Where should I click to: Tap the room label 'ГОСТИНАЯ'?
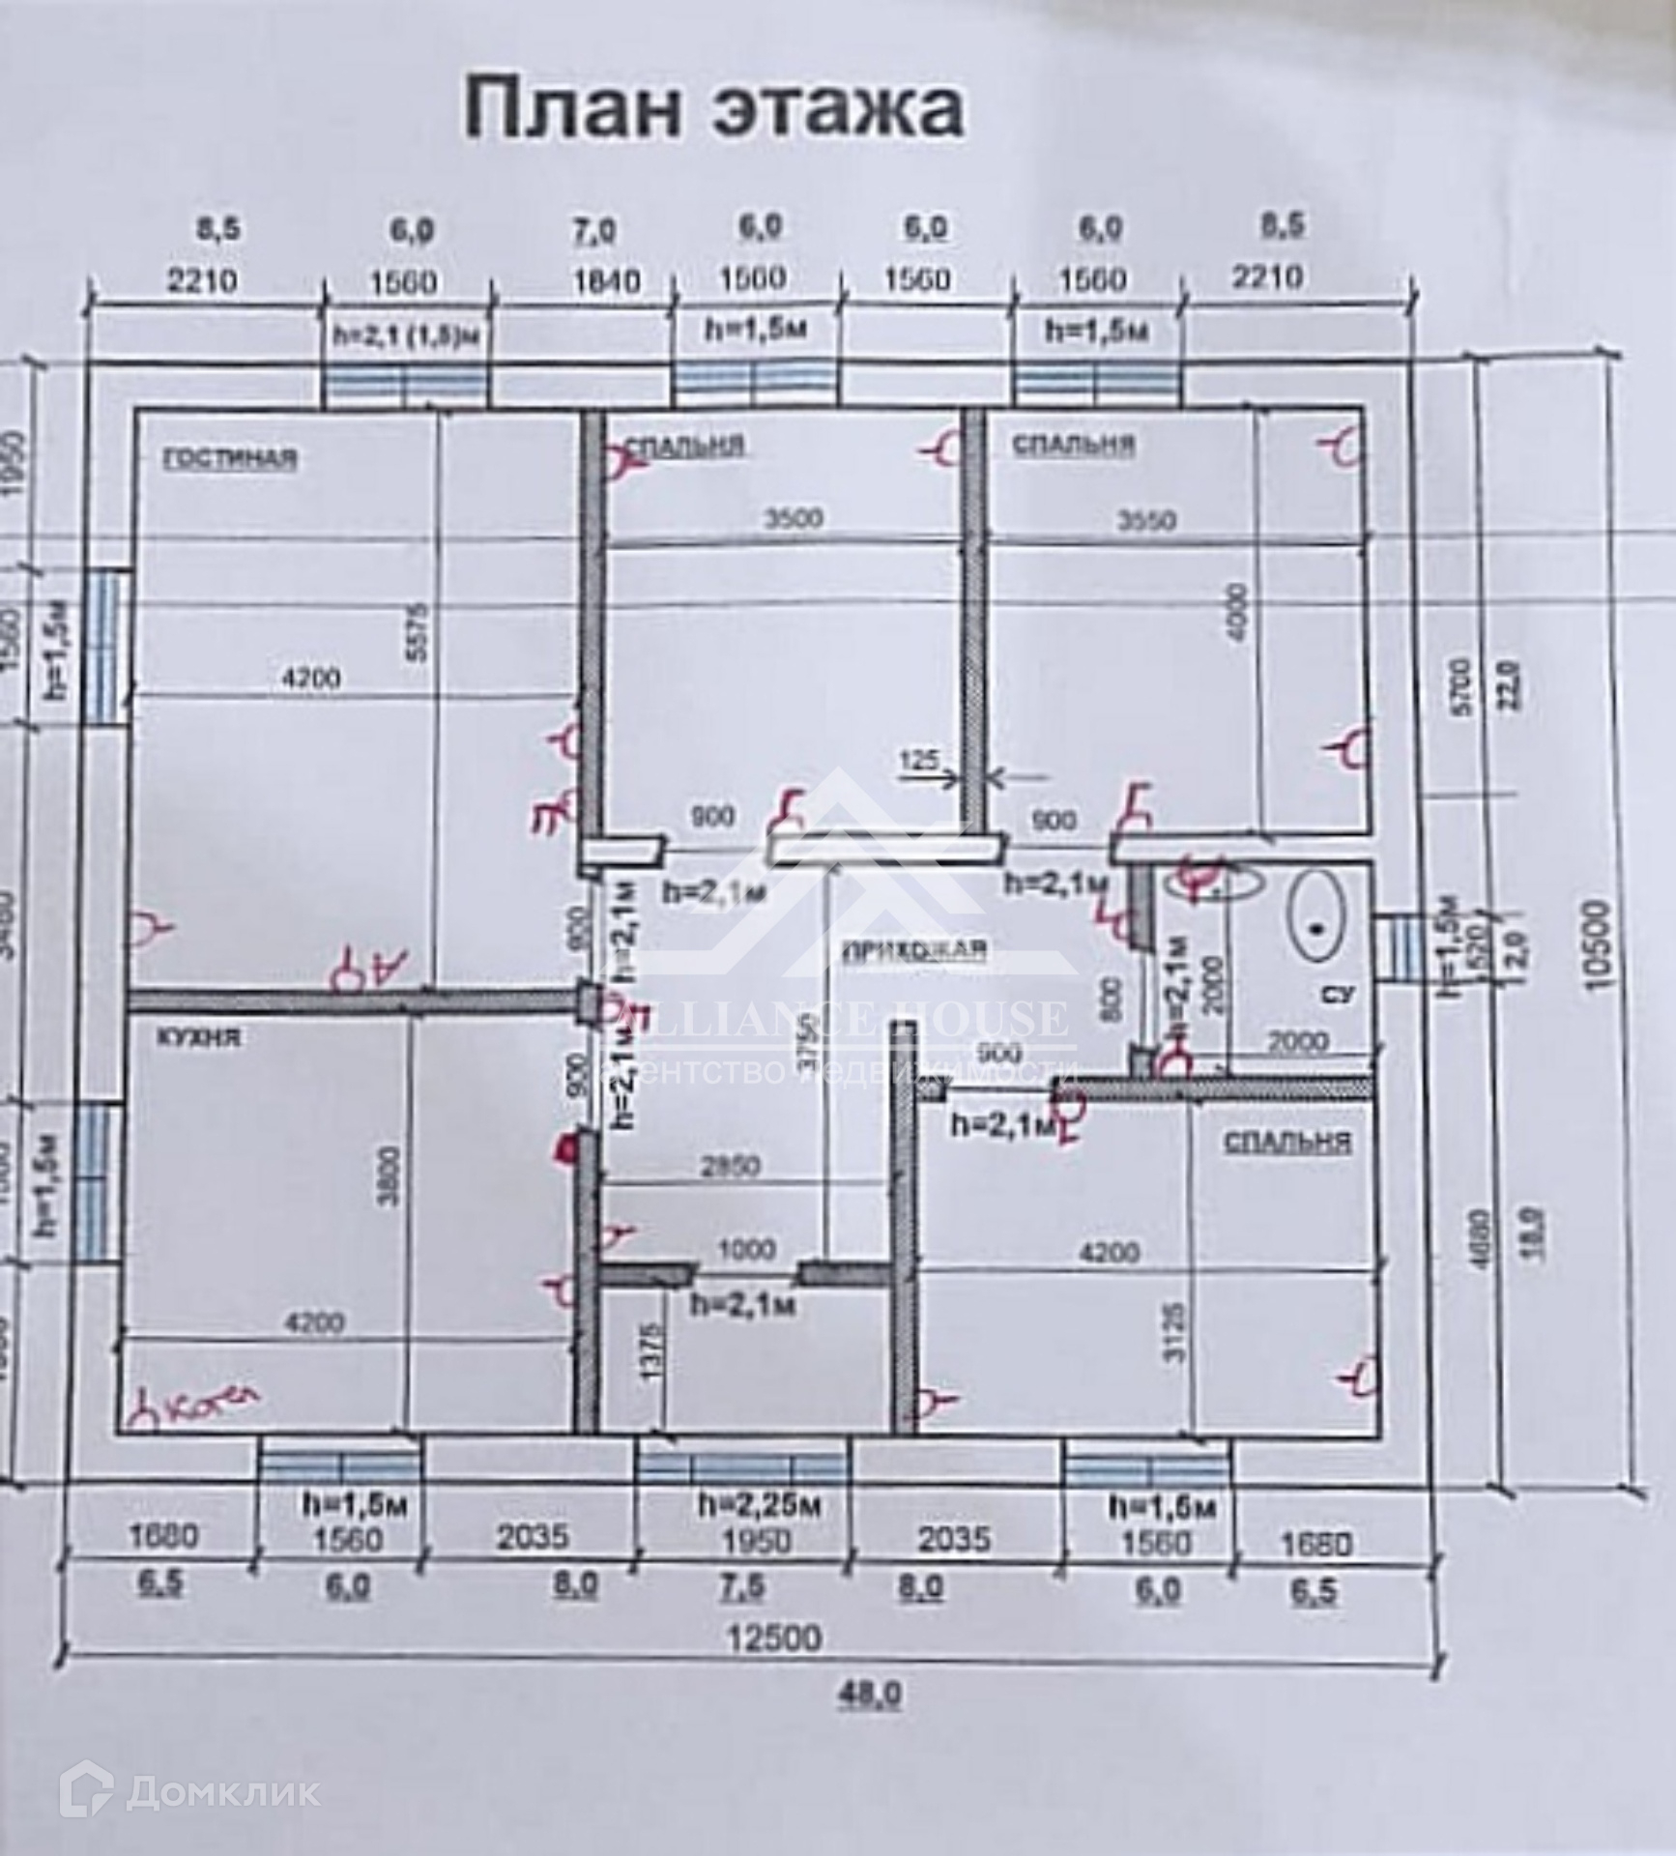(x=230, y=457)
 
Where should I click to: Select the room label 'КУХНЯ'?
(x=199, y=1038)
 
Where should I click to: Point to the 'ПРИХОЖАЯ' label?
(x=915, y=950)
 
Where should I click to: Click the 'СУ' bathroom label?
(x=1344, y=994)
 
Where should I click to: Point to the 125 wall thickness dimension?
(x=919, y=760)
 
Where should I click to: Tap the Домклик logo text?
(x=222, y=1794)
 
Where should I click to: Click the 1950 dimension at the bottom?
(x=757, y=1539)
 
